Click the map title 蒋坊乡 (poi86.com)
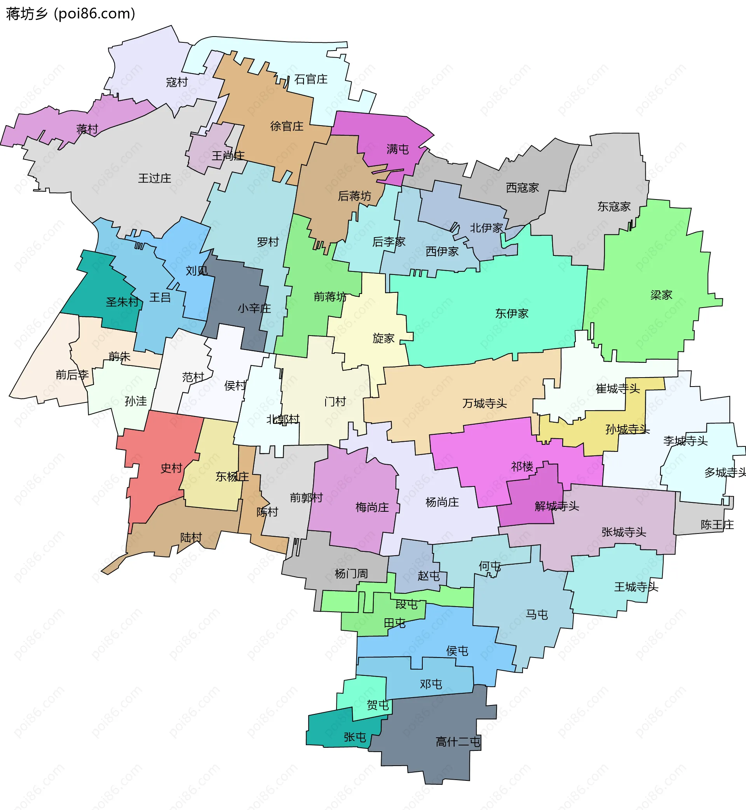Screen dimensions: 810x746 71,14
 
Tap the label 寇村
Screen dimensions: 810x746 177,82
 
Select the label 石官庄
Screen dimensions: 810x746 310,79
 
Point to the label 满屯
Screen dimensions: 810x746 397,149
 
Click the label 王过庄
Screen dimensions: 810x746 154,178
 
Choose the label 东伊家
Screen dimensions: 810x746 511,313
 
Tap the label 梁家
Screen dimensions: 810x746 661,295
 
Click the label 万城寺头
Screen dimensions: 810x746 484,403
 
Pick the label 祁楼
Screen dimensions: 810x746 522,467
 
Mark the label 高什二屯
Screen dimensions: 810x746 458,742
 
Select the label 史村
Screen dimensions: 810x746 171,468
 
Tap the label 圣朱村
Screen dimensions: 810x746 122,302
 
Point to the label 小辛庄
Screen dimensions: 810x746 254,308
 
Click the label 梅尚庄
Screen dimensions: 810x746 372,507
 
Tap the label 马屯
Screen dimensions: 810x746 537,615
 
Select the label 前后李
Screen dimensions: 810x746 72,375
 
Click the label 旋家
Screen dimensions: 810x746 383,338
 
